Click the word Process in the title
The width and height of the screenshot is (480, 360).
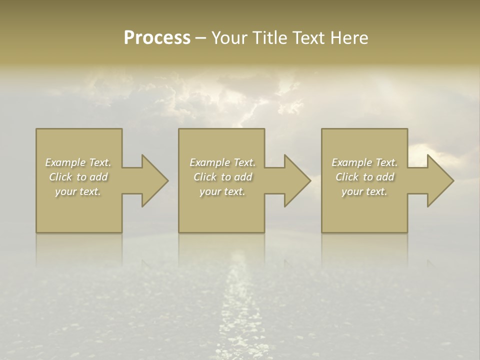point(157,38)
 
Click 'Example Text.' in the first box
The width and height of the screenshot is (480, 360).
point(78,162)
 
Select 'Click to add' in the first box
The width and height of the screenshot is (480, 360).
point(78,177)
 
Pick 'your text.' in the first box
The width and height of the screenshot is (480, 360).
point(78,191)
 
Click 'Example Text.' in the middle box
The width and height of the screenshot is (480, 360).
point(222,162)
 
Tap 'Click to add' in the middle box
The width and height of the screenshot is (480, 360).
point(222,177)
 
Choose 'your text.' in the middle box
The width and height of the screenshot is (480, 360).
point(222,191)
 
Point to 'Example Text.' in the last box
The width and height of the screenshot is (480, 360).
point(364,162)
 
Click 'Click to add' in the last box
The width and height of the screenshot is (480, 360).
point(364,177)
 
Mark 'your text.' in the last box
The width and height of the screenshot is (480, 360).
point(364,191)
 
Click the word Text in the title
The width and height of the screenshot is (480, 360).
point(309,38)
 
